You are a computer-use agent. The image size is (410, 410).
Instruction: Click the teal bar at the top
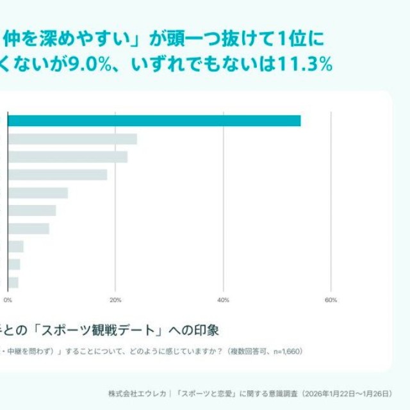click(154, 121)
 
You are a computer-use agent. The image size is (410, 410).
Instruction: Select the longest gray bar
click(72, 139)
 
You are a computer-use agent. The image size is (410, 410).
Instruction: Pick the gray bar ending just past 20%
click(67, 157)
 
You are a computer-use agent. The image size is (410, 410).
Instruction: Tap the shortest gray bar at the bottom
click(13, 283)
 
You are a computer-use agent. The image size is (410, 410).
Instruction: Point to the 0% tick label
click(8, 300)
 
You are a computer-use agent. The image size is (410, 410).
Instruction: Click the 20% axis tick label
click(115, 300)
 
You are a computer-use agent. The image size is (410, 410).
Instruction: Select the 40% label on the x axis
click(223, 300)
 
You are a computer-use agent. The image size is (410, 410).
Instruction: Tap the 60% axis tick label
click(331, 300)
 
